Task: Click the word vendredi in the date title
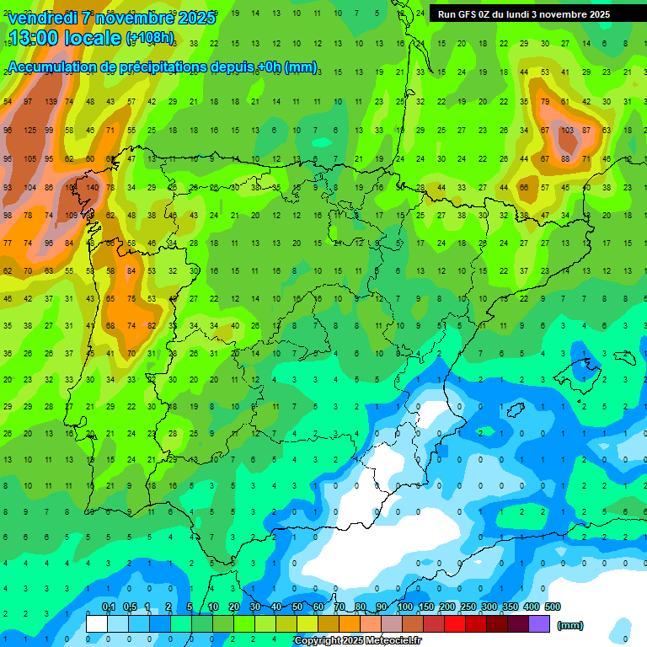pos(42,18)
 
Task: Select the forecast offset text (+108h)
pos(150,39)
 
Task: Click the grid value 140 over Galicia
pos(93,187)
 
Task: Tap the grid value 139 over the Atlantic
pos(51,102)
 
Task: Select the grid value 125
pos(30,131)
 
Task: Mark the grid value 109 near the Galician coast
pos(72,216)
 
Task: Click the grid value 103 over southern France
pos(567,131)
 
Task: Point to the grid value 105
pos(30,159)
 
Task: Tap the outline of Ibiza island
pos(515,410)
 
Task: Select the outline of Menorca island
pos(625,355)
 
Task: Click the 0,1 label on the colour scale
pos(109,607)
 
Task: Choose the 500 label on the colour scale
pos(552,607)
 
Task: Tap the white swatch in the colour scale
pos(97,623)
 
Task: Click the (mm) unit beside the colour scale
pos(570,625)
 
